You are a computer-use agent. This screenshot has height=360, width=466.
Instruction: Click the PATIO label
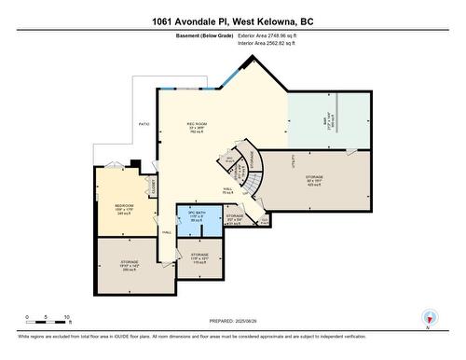pyautogui.click(x=144, y=123)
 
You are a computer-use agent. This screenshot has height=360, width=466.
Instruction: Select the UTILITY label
pyautogui.click(x=294, y=160)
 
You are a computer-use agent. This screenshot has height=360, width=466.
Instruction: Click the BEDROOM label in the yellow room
pyautogui.click(x=124, y=204)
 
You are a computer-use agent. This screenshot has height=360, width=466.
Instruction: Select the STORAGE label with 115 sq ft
pyautogui.click(x=199, y=254)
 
